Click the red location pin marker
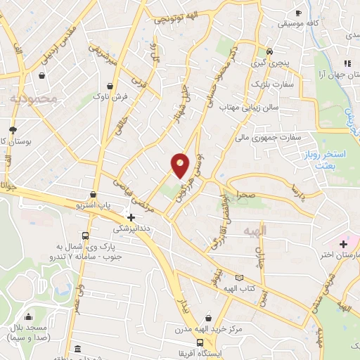pyautogui.click(x=181, y=165)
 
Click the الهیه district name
pyautogui.click(x=255, y=231)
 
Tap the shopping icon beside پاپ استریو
pyautogui.click(x=93, y=194)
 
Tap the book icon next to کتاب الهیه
pyautogui.click(x=243, y=278)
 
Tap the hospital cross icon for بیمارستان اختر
pyautogui.click(x=343, y=244)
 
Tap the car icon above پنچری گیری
pyautogui.click(x=269, y=51)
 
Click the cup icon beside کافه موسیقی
pyautogui.click(x=298, y=13)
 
